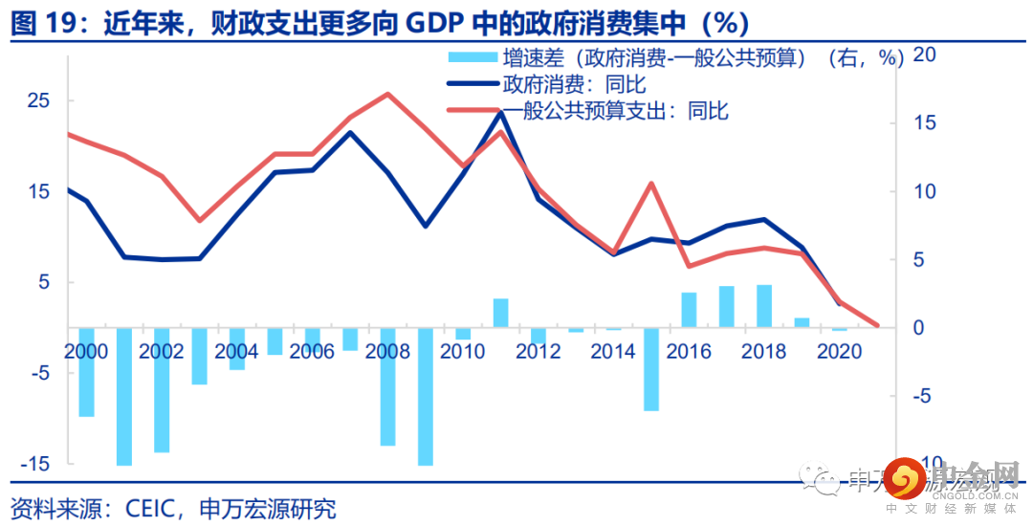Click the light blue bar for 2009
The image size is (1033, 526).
pos(425,396)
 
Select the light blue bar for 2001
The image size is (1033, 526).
pos(123,396)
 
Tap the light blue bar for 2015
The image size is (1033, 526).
pos(651,369)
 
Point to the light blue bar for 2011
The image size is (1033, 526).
pos(500,313)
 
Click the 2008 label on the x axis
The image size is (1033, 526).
pos(387,352)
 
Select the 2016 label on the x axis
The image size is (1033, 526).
pos(689,352)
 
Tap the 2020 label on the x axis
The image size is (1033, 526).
pos(839,352)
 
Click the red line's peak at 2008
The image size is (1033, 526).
pos(386,94)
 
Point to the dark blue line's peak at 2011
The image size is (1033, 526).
pos(500,112)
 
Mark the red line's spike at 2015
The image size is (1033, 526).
pos(651,184)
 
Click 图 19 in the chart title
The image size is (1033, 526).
pos(44,22)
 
